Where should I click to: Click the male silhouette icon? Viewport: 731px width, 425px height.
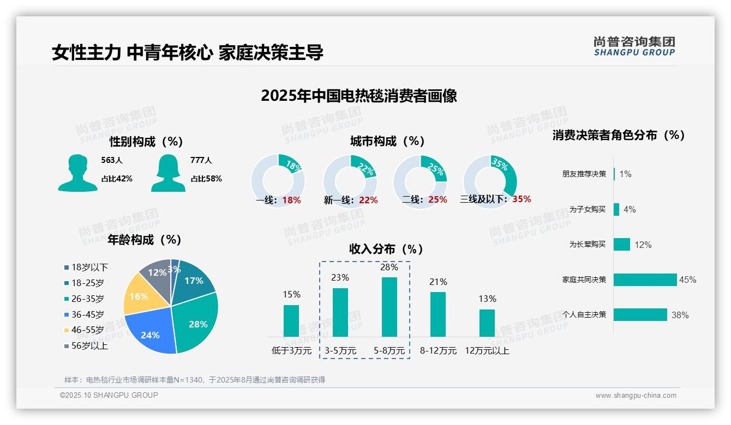click(x=77, y=173)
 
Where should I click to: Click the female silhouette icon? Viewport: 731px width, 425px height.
click(x=168, y=173)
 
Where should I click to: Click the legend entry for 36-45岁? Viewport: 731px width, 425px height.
click(x=87, y=314)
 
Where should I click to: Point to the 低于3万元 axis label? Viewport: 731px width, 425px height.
click(x=291, y=350)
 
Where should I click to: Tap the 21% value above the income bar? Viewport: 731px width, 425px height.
click(x=438, y=282)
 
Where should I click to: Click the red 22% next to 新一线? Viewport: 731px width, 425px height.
click(x=368, y=200)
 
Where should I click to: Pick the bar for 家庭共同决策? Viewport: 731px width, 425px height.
click(x=645, y=280)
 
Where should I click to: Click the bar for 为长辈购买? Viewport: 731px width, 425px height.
click(x=621, y=244)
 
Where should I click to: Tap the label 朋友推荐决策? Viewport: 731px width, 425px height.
click(x=584, y=174)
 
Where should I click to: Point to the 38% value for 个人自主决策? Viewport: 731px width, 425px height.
click(x=680, y=315)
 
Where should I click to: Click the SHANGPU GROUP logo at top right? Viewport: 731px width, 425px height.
click(x=634, y=46)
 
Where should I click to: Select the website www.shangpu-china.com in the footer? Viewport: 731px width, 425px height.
click(x=636, y=396)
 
